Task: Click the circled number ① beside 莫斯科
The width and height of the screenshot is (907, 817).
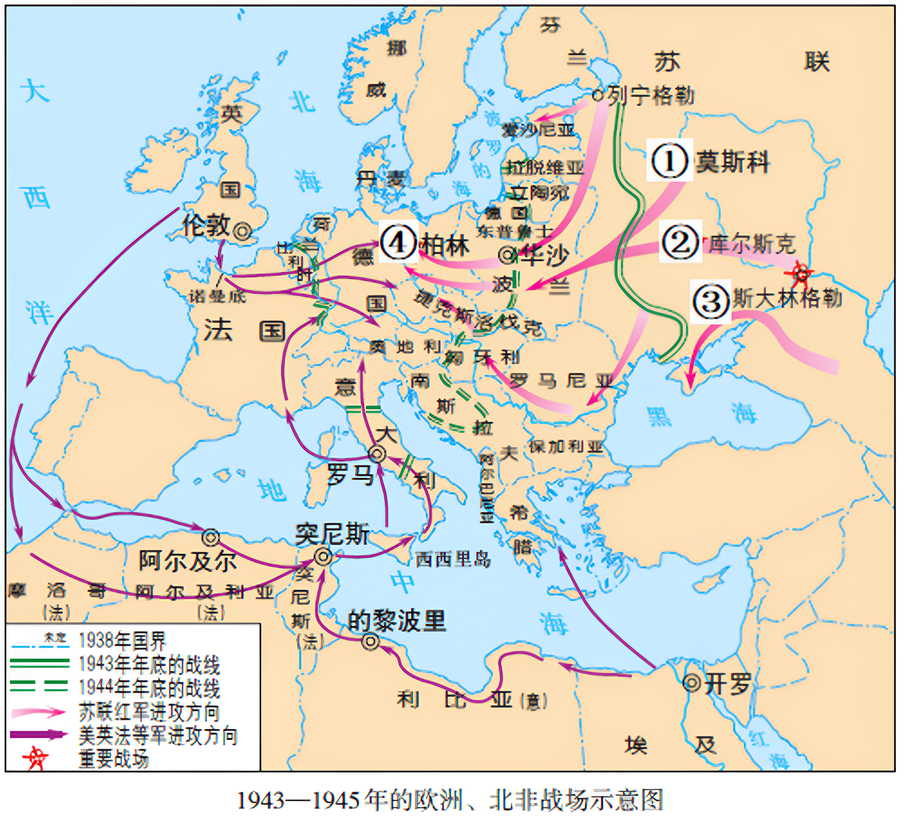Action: coord(669,161)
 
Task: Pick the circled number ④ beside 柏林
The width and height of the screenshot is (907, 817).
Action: coord(398,243)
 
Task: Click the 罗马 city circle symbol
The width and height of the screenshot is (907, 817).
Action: coord(377,454)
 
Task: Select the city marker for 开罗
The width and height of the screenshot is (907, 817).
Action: coord(691,683)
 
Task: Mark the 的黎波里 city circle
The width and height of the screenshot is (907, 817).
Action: coord(370,642)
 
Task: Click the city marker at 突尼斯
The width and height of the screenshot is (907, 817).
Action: coord(323,557)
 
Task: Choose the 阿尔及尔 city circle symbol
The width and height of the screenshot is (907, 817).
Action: coord(211,538)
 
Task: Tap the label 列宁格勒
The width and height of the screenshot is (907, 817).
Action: coord(650,96)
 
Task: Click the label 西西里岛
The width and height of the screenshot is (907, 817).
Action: coord(453,559)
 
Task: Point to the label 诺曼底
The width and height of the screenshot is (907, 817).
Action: coord(217,296)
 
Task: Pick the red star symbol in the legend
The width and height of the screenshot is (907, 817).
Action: coord(36,759)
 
